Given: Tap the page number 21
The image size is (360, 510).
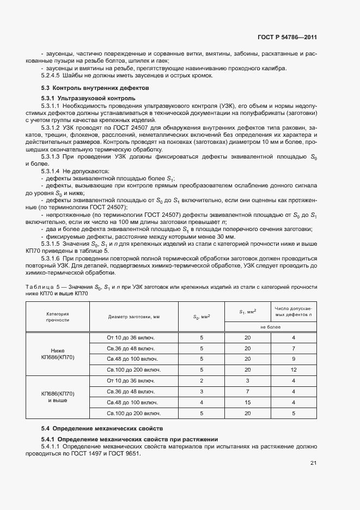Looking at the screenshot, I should tap(313, 463).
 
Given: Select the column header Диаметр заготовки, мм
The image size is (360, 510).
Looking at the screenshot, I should tap(133, 317).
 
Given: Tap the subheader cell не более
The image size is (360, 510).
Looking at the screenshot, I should tap(270, 326).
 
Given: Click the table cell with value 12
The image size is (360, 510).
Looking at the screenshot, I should tap(293, 370).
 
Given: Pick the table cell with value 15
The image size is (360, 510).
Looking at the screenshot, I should tap(248, 403).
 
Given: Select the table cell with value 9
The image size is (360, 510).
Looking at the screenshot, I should tap(293, 359).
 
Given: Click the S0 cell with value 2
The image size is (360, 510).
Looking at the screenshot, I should tap(202, 381).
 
